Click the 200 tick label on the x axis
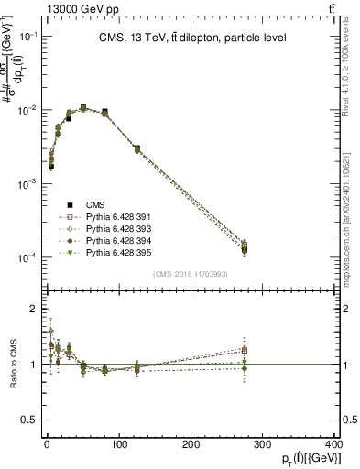point(191,445)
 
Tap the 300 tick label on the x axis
point(263,445)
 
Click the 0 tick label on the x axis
point(47,445)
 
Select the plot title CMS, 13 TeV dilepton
point(191,38)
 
